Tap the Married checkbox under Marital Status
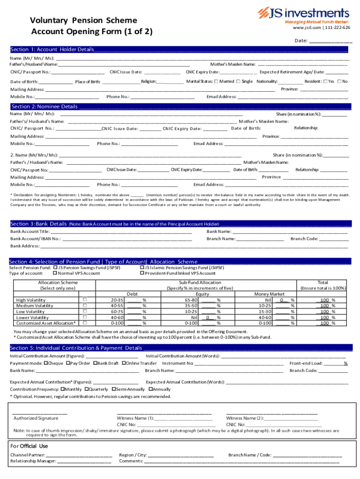(x=216, y=81)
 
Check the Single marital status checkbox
(x=238, y=81)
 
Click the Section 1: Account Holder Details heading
(x=52, y=50)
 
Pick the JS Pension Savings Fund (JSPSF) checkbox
(x=55, y=268)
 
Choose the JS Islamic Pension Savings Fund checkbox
(x=142, y=268)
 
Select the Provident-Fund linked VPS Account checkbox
(x=142, y=273)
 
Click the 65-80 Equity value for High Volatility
(x=191, y=300)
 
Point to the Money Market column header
(x=269, y=294)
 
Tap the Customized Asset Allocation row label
(x=46, y=323)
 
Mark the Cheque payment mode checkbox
(x=46, y=363)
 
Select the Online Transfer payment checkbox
(x=124, y=363)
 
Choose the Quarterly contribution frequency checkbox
(x=86, y=389)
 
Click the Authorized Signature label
(x=36, y=418)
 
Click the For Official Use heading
(x=29, y=446)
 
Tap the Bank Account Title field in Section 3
(x=122, y=231)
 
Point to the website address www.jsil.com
(x=304, y=28)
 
